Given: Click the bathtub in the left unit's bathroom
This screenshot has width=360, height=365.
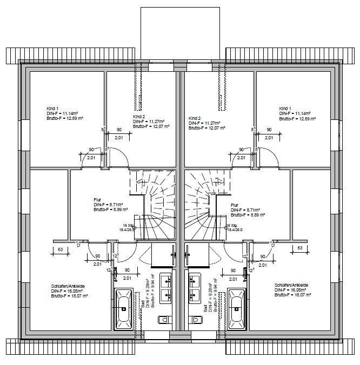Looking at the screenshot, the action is coord(124,308).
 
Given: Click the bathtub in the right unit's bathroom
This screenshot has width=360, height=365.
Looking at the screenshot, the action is coord(236,308).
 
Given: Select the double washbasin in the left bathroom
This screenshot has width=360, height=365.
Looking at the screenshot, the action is coord(165,288).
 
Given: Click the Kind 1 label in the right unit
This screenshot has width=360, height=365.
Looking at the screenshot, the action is coord(285,109).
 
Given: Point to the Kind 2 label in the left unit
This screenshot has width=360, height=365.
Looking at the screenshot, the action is coord(139,117).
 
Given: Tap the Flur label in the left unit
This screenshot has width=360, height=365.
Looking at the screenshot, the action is coord(97,200).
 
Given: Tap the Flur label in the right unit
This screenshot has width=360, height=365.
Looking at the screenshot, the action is coord(235,205).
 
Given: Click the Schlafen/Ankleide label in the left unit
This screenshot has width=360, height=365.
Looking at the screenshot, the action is coord(65,286).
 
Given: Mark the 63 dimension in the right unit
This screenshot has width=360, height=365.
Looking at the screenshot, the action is coord(299,248).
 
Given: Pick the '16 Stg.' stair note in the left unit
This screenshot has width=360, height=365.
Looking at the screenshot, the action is coord(128,226).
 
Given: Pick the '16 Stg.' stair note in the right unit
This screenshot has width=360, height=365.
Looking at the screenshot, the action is coord(232,226).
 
